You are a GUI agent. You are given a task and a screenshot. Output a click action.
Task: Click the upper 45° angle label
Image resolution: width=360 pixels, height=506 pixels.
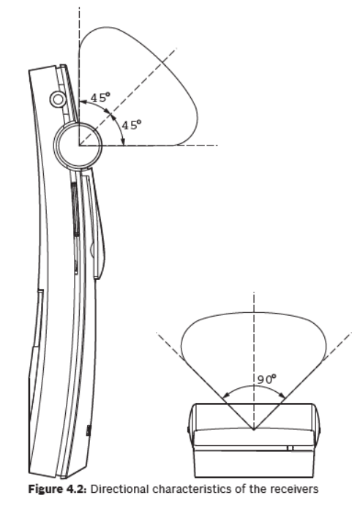100,97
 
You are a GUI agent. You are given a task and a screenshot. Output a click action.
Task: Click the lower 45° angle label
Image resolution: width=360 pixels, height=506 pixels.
132,124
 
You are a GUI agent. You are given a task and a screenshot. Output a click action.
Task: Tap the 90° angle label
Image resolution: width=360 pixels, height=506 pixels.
267,379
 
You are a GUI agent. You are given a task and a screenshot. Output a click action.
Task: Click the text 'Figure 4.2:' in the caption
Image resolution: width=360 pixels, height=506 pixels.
58,489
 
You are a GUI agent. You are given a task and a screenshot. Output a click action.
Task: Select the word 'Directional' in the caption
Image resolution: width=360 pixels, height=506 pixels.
120,489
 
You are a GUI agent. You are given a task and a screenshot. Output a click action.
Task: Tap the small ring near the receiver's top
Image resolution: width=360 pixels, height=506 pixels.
58,99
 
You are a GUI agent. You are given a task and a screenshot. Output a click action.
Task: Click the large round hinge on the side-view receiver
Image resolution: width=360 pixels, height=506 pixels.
78,146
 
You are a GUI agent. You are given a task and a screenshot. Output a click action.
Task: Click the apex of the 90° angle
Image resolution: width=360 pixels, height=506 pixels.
254,429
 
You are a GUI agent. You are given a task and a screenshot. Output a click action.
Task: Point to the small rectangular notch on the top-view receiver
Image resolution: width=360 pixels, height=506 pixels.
290,448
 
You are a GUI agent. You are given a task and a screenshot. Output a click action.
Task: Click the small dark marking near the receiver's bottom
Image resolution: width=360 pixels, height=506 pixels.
88,431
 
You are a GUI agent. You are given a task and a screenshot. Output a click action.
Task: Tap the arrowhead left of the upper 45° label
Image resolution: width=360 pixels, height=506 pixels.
83,102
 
